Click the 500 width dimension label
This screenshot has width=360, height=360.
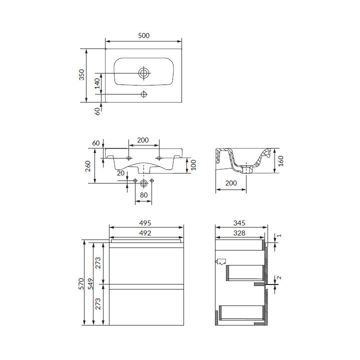(143, 35)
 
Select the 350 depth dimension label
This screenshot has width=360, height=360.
(81, 74)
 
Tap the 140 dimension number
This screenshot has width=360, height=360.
(97, 83)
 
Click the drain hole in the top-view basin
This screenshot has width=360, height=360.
(143, 73)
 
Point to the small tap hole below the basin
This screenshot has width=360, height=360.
(143, 94)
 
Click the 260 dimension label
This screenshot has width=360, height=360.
(88, 166)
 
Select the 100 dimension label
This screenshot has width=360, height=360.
(193, 165)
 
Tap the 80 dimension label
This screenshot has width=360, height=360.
(143, 195)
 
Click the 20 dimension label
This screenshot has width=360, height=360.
(121, 173)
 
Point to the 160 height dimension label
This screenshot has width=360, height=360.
(280, 161)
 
